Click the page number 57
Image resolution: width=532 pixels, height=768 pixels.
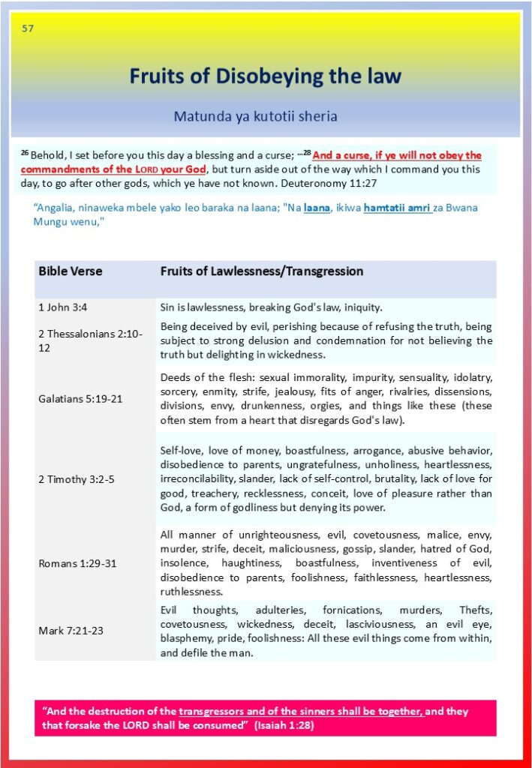point(28,28)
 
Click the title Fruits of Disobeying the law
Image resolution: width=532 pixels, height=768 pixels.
point(265,76)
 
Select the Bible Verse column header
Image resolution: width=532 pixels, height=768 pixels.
point(71,271)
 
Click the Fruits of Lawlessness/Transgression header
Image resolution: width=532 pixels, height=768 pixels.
point(261,271)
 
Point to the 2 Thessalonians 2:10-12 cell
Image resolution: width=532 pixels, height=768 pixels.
point(90,340)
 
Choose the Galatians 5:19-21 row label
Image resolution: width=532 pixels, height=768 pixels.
point(80,398)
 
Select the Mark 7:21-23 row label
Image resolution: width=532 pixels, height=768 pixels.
point(71,630)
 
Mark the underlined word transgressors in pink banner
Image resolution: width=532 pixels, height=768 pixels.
point(212,711)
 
